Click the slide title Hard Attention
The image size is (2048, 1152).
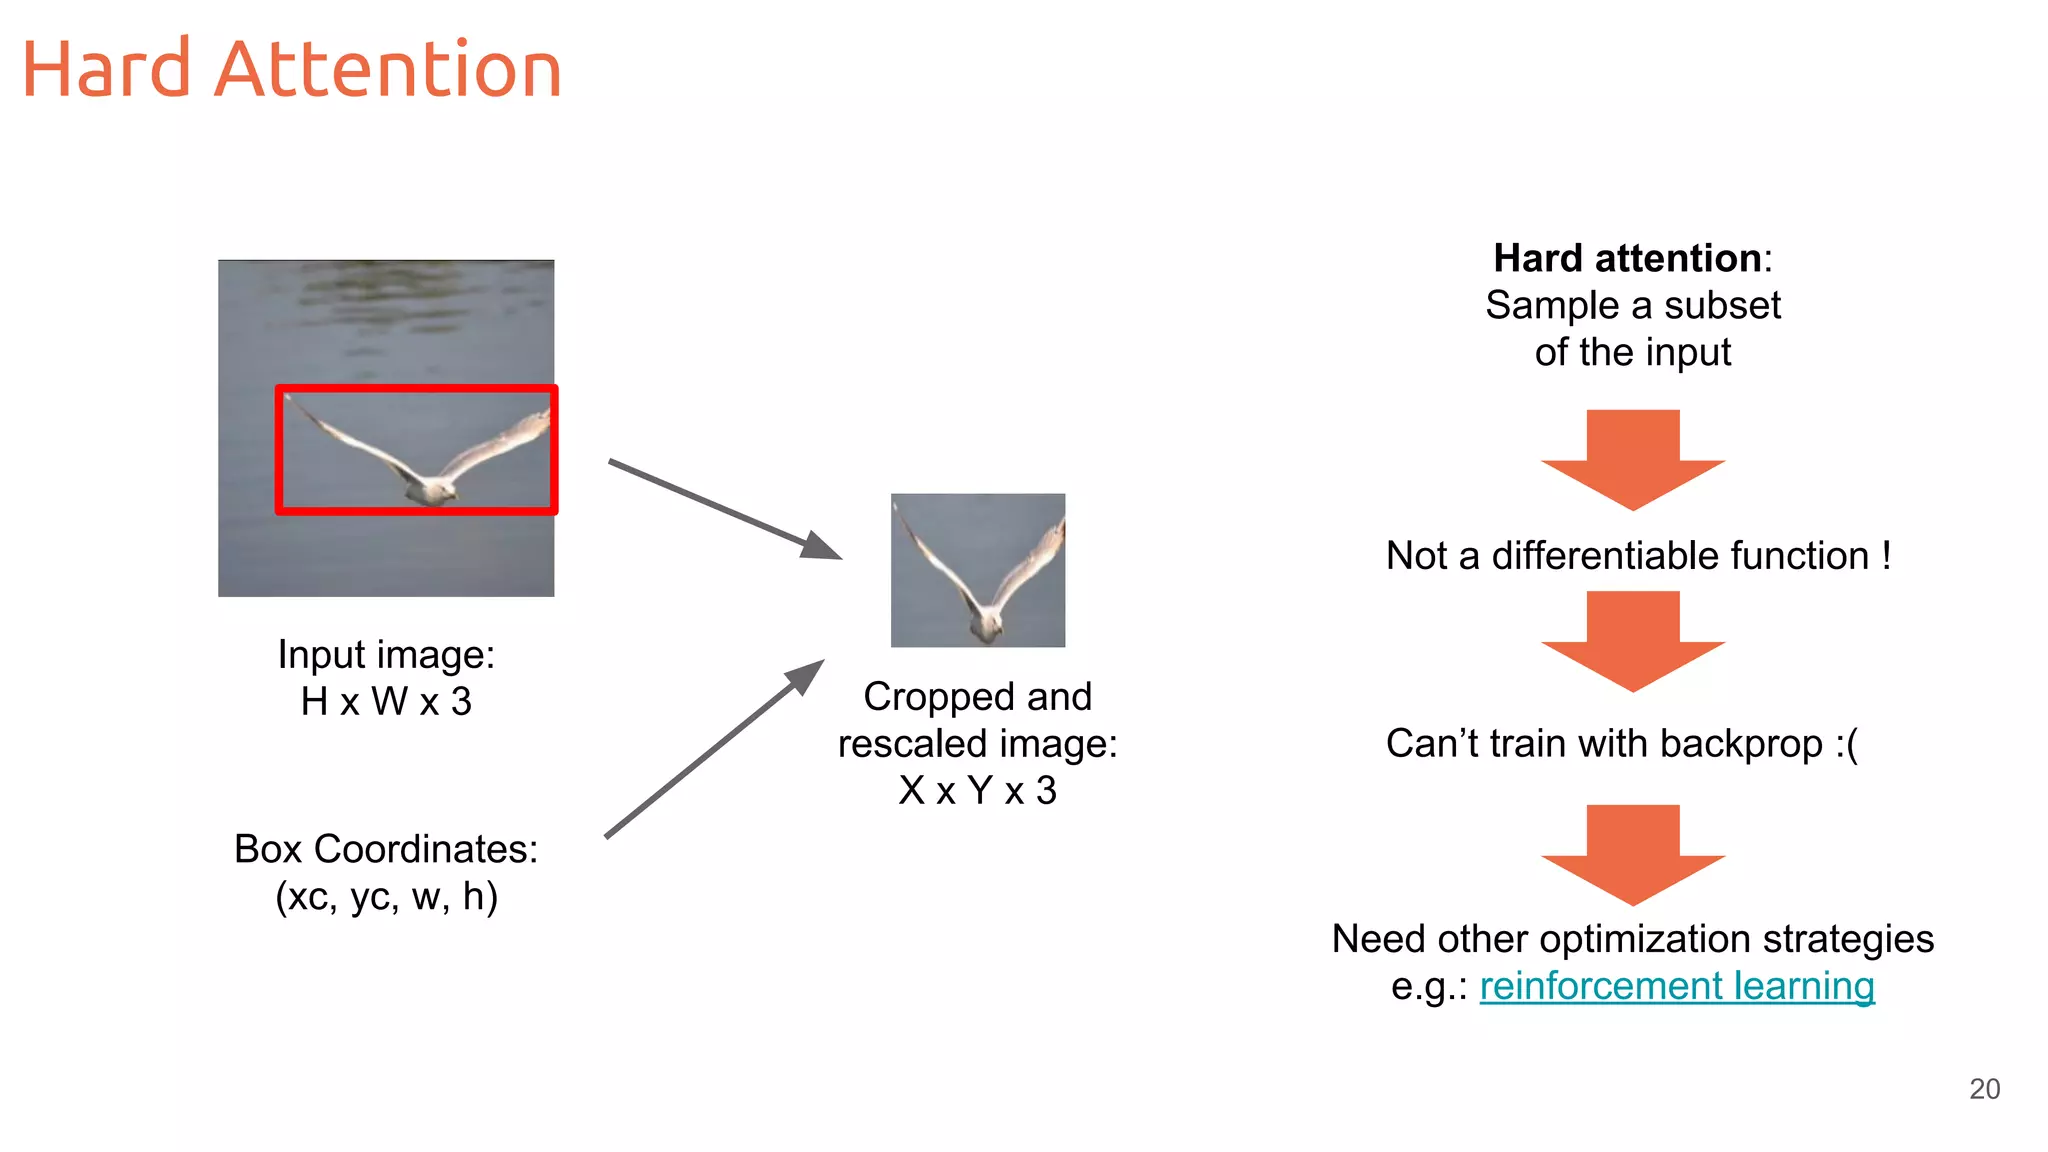click(x=291, y=70)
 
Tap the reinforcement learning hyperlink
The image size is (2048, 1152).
click(x=1676, y=986)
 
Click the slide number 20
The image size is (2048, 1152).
click(x=1984, y=1089)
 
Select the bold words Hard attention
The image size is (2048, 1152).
click(x=1626, y=258)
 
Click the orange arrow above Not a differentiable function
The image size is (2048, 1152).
click(x=1633, y=460)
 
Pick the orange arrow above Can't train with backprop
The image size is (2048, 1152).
click(x=1633, y=641)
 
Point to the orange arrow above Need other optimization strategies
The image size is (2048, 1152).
click(x=1633, y=854)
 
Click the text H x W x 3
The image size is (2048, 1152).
click(x=386, y=702)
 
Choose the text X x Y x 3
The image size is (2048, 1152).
click(x=977, y=791)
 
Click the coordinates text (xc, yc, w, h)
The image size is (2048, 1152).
click(x=386, y=897)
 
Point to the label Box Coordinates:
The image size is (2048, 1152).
click(x=386, y=849)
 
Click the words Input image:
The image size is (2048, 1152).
click(x=386, y=655)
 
